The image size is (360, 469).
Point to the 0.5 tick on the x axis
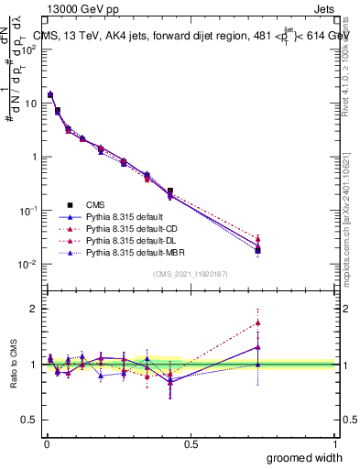click(x=190, y=442)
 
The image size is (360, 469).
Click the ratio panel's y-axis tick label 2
click(x=33, y=309)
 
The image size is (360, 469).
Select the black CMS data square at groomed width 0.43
click(x=170, y=191)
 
